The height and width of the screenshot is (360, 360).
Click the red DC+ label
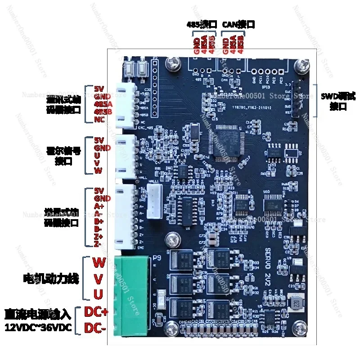point(96,312)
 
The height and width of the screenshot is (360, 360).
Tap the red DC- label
point(95,328)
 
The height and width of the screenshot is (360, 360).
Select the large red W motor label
point(98,261)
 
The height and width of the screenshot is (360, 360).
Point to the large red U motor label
point(99,294)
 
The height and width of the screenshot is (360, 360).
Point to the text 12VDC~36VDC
point(38,328)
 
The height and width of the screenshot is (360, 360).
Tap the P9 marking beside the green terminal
point(157,258)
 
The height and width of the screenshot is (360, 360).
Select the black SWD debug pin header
point(297,99)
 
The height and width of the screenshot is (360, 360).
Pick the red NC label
point(99,119)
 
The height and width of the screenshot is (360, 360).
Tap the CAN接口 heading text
point(239,24)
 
